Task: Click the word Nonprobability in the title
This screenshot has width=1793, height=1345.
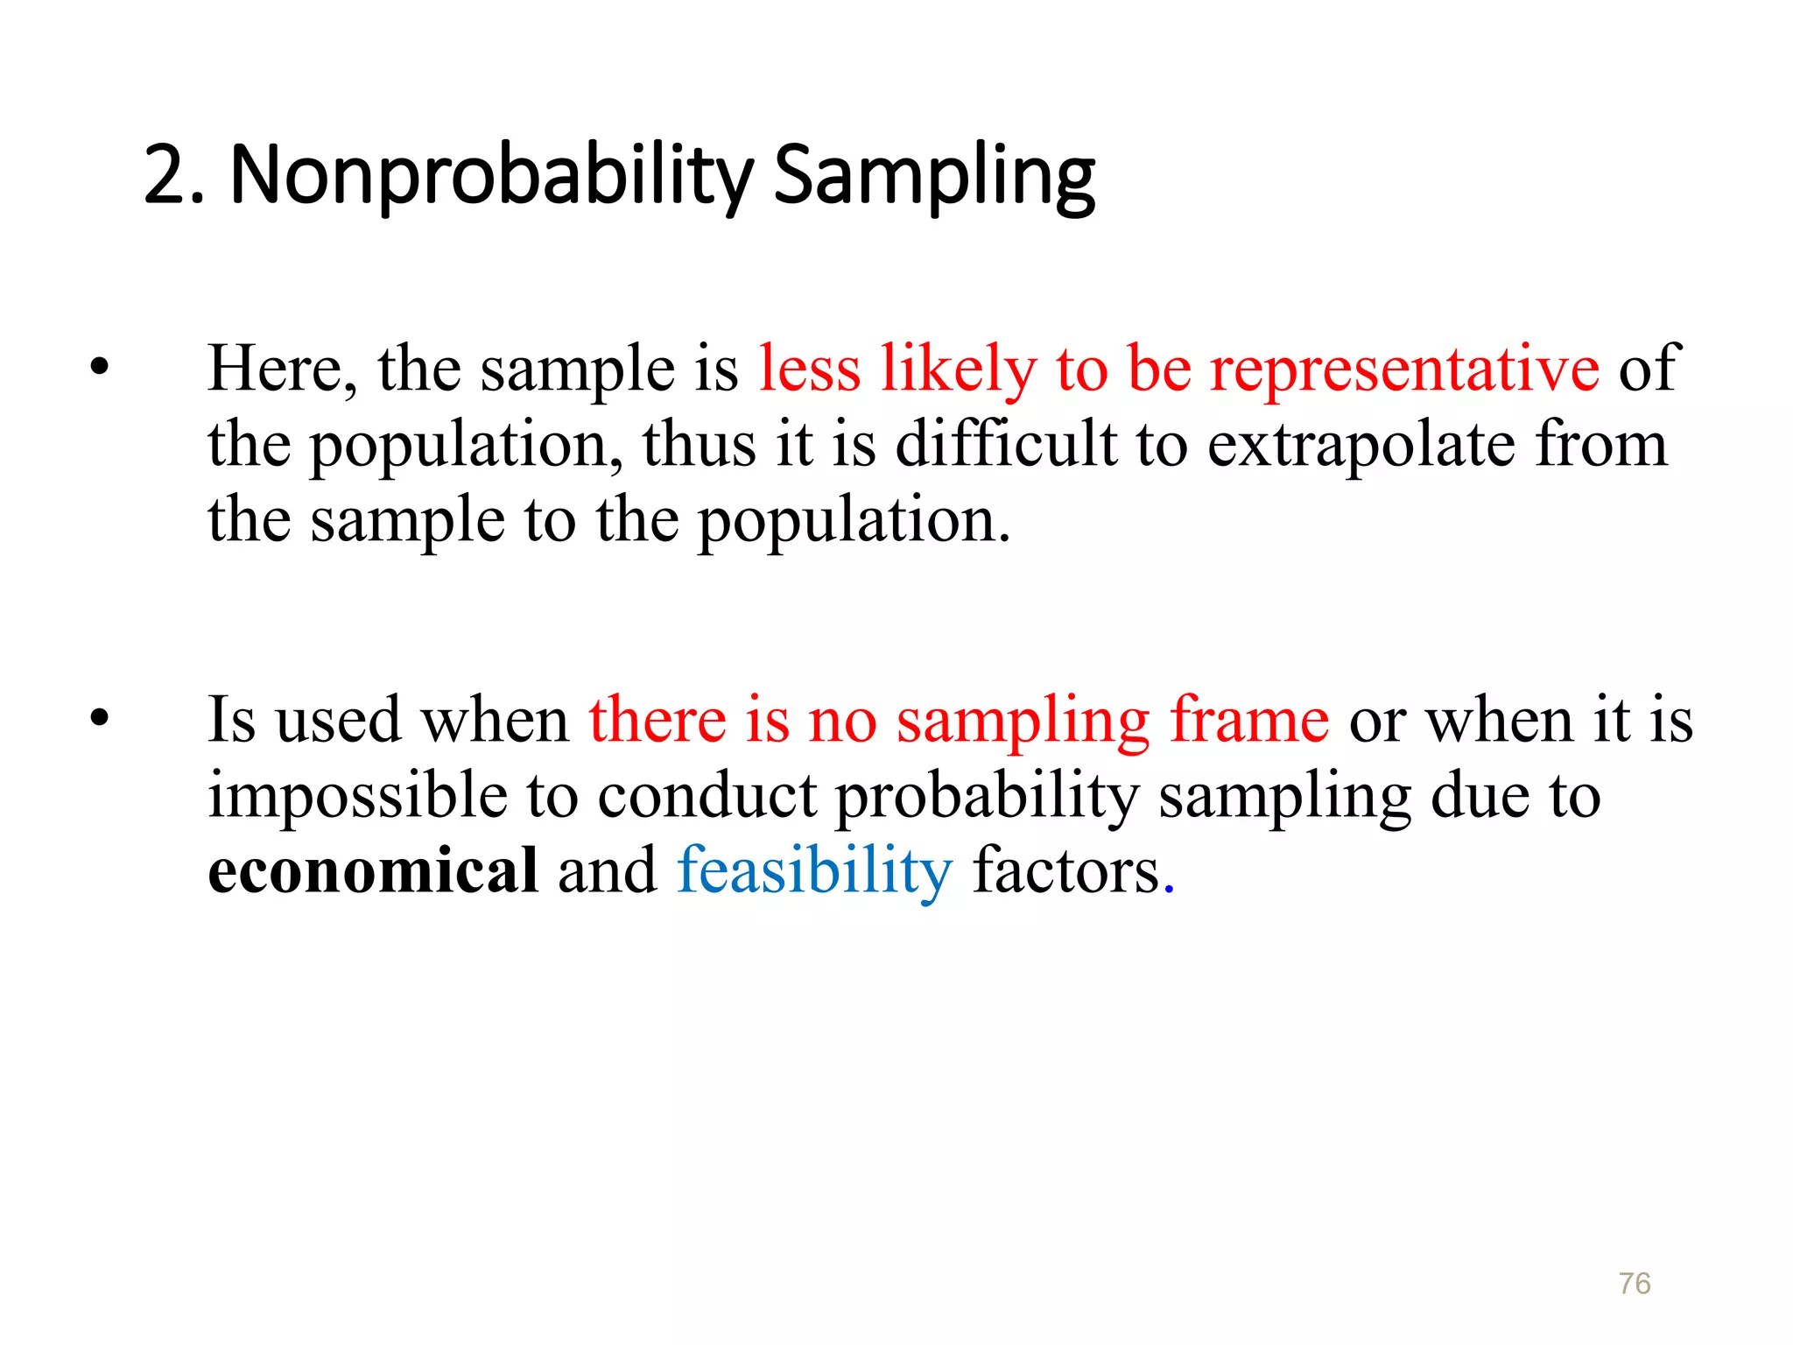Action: pos(491,176)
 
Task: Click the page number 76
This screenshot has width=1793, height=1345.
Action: pos(1635,1283)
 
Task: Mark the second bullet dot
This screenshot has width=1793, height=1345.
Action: pos(99,719)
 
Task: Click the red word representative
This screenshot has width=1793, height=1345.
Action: pos(1404,369)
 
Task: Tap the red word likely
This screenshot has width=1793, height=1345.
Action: pos(958,369)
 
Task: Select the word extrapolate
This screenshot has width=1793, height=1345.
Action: pos(1361,445)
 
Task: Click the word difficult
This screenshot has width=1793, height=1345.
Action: pos(1006,444)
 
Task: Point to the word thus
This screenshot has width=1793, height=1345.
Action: pos(699,444)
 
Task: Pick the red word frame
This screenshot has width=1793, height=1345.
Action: pos(1249,720)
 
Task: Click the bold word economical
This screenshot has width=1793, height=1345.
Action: pos(373,871)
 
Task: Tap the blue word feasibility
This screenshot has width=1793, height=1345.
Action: pos(814,871)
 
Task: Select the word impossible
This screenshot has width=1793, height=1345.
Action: pos(357,796)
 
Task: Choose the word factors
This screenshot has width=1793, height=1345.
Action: pos(1066,871)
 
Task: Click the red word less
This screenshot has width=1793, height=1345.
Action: pos(810,369)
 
